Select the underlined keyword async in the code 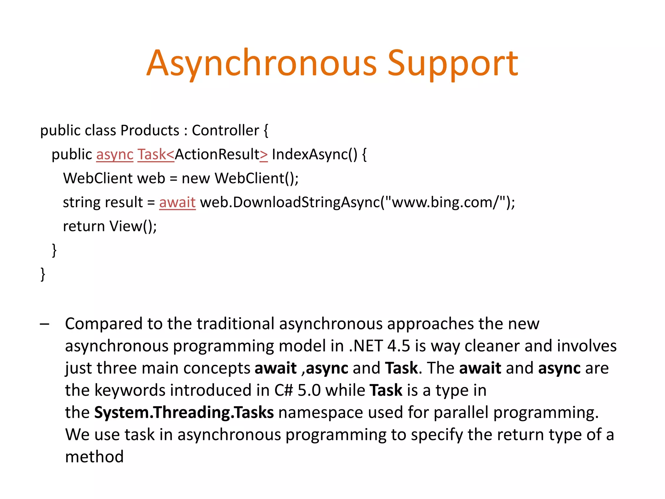coord(115,155)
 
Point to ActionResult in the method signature coord(217,155)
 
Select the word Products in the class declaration coord(150,131)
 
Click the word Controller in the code coord(225,131)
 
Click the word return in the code coord(84,226)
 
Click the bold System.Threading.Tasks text coord(184,413)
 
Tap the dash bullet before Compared coord(44,324)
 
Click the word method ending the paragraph coord(94,457)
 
